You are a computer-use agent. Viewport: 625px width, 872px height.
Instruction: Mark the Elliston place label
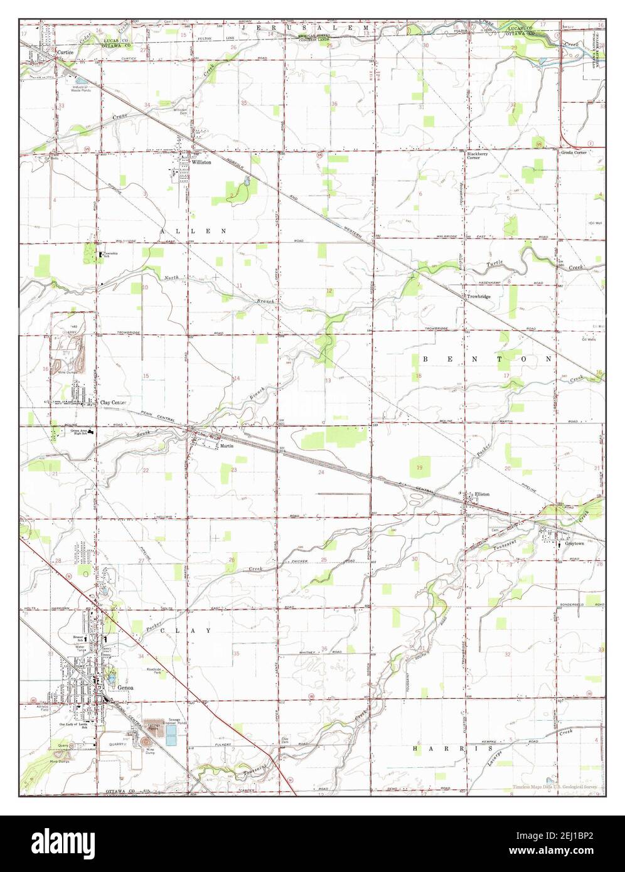pos(482,494)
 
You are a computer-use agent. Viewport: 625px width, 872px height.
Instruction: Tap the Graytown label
pos(574,543)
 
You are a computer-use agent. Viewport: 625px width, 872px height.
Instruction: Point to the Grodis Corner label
pos(574,152)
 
